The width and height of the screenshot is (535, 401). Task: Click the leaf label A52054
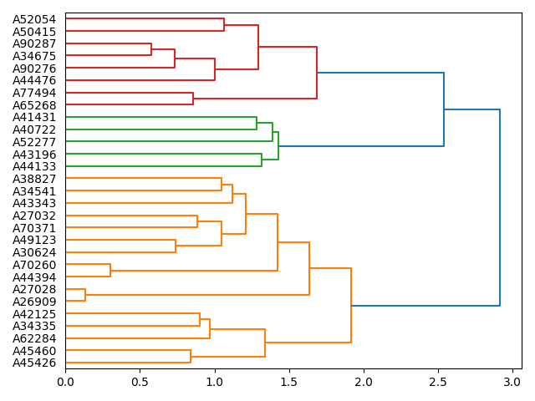[34, 19]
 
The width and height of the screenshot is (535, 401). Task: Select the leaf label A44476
[34, 80]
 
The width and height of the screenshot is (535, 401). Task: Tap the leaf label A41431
[34, 118]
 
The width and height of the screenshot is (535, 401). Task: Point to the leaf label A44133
[34, 166]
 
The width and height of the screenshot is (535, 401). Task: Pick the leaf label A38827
[34, 179]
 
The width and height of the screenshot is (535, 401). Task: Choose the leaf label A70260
[34, 265]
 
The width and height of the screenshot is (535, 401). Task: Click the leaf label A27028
[34, 289]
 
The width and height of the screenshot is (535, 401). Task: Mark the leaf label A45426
[34, 363]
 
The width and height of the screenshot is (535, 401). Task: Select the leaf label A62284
[34, 338]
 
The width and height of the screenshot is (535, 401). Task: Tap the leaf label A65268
[34, 105]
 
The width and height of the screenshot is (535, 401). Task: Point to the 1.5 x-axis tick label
[288, 382]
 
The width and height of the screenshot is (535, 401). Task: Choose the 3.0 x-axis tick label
[512, 382]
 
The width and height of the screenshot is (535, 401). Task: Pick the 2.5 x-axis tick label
[438, 382]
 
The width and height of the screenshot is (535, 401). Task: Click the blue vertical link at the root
[500, 208]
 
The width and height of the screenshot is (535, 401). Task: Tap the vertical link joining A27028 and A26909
[85, 295]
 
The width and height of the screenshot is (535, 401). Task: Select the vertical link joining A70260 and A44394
[110, 271]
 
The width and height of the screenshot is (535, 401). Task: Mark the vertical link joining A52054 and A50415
[224, 25]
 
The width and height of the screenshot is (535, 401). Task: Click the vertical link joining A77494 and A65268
[193, 99]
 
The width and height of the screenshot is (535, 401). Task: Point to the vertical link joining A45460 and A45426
[191, 357]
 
